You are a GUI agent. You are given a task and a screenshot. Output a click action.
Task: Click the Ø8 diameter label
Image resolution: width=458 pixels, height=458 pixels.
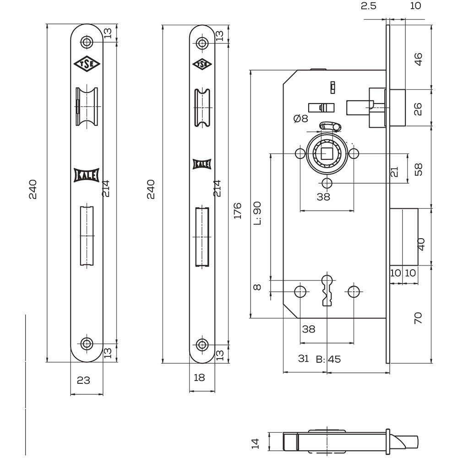click(x=301, y=118)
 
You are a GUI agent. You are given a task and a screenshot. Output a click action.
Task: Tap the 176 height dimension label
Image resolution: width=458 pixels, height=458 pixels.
click(x=238, y=210)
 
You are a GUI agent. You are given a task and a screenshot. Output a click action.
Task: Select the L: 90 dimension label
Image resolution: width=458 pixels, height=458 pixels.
click(x=257, y=213)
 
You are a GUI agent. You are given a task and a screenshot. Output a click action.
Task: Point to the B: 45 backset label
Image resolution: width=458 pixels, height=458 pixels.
click(x=328, y=359)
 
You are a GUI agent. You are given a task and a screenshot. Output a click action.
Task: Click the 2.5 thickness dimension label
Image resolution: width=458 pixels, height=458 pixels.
click(x=369, y=5)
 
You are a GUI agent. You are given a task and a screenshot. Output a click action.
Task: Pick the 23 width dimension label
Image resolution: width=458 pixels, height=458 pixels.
click(x=83, y=380)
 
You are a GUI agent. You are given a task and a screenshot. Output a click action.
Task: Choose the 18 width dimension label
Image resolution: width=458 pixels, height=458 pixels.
click(x=199, y=377)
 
